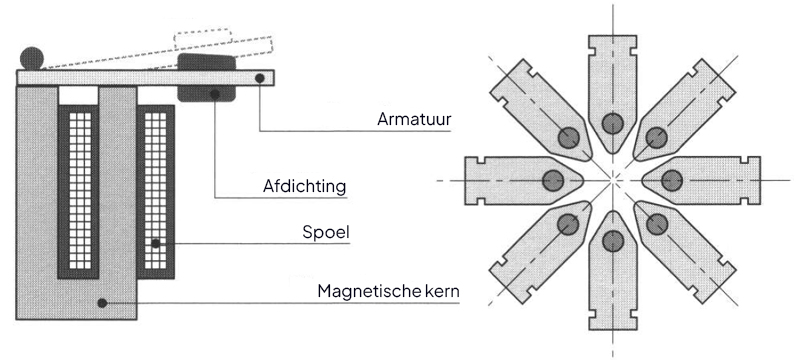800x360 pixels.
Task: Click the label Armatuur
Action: point(414,119)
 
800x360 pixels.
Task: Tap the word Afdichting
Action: point(305,186)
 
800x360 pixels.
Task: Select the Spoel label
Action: point(326,233)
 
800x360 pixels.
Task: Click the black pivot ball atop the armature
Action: point(32,59)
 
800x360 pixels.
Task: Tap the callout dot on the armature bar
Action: point(260,78)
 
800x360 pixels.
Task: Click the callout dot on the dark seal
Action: point(215,94)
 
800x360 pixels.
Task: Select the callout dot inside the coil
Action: point(156,244)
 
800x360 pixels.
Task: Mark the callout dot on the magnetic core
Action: point(102,303)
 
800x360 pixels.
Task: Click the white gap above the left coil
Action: point(78,95)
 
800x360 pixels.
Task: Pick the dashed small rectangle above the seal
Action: point(203,40)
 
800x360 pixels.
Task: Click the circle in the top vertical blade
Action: point(612,123)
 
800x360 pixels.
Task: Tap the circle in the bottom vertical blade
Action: point(613,241)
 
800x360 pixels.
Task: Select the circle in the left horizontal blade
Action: point(553,180)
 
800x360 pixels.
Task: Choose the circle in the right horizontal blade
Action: point(671,181)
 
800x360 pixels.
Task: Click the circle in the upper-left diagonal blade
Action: point(568,138)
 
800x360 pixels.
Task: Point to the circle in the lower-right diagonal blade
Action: point(657,224)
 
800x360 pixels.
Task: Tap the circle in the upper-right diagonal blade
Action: point(657,138)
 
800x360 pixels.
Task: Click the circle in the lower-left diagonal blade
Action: point(568,224)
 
